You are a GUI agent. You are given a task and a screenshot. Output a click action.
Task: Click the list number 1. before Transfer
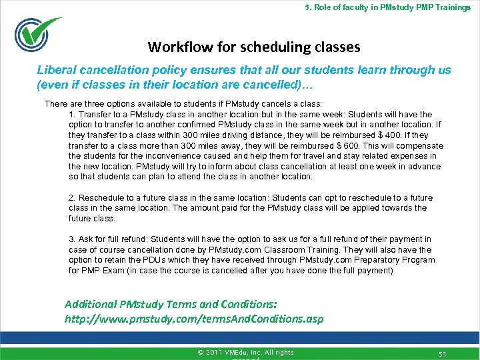pyautogui.click(x=73, y=115)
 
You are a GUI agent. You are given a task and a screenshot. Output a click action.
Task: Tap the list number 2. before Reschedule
pyautogui.click(x=73, y=198)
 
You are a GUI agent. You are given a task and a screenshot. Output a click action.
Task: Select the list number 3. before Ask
pyautogui.click(x=73, y=239)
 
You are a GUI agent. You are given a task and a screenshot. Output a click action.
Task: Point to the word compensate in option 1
pyautogui.click(x=417, y=145)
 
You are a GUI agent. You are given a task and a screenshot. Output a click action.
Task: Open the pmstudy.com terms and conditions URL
pyautogui.click(x=193, y=319)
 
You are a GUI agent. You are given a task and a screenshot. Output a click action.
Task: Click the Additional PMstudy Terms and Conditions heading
pyautogui.click(x=171, y=304)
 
